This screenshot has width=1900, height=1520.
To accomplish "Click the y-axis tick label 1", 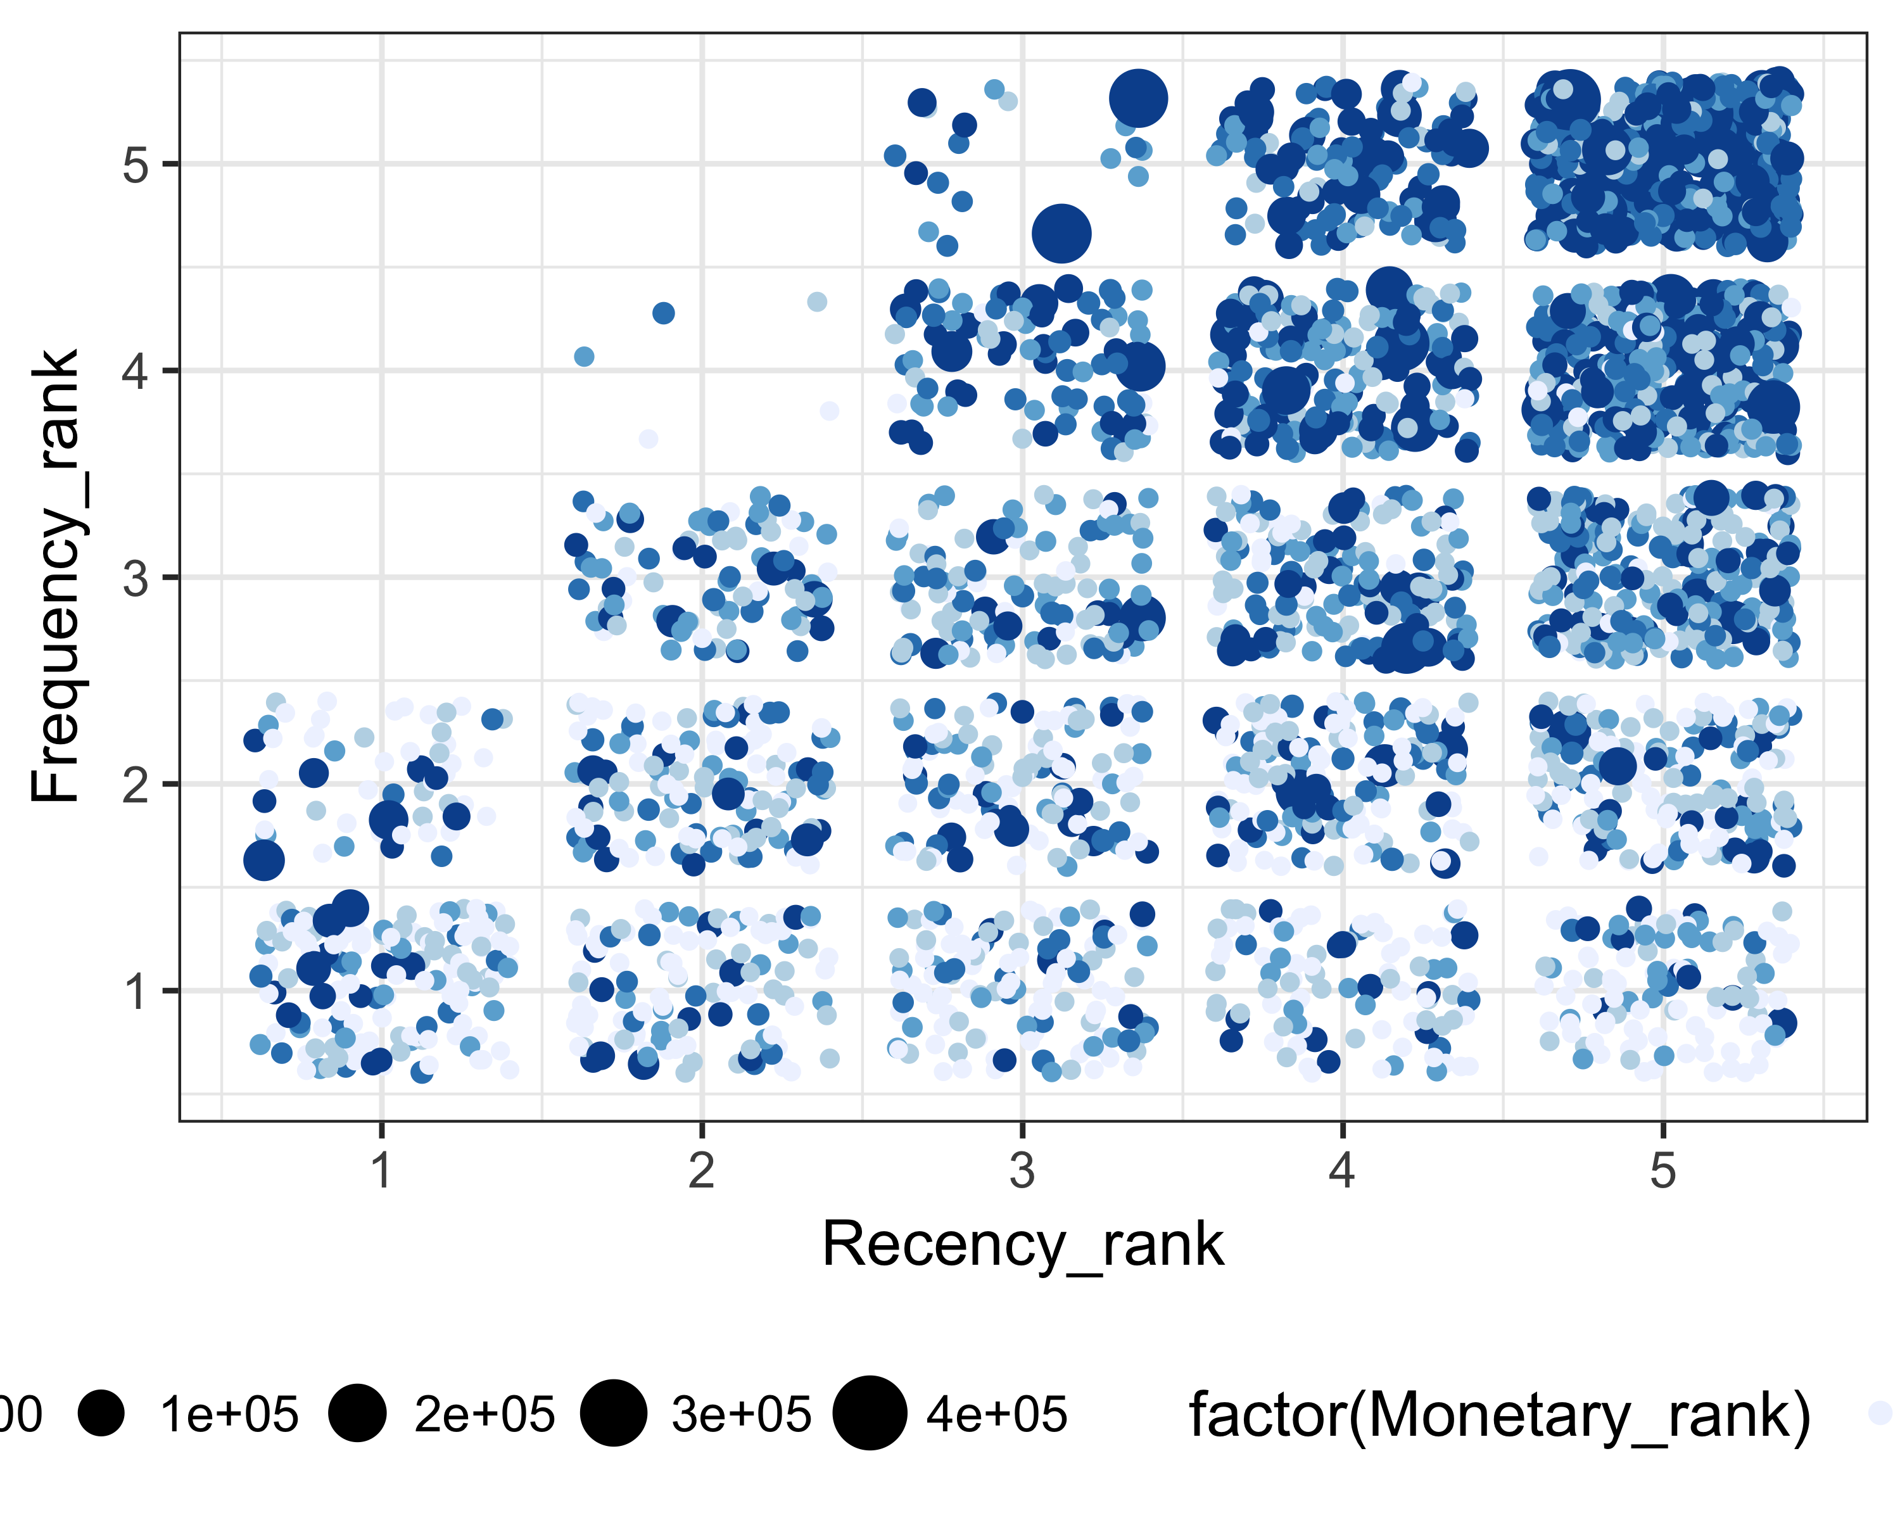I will [x=136, y=991].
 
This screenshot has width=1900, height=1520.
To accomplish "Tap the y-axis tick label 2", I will [x=136, y=784].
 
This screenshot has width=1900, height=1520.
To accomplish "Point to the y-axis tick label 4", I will [x=136, y=371].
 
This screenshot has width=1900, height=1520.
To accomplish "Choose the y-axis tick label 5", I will [x=136, y=165].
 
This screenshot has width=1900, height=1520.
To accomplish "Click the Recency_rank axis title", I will [x=1022, y=1245].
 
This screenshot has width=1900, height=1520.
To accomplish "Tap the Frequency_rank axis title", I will [x=54, y=577].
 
